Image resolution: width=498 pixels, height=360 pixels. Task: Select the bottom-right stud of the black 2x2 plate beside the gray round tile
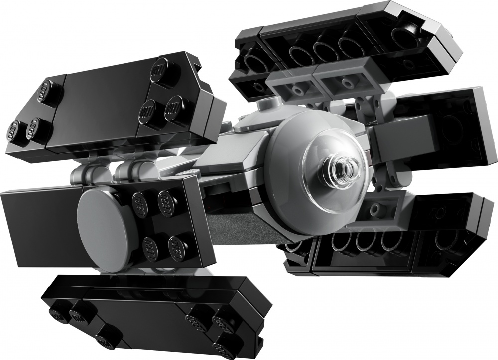[177, 245]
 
